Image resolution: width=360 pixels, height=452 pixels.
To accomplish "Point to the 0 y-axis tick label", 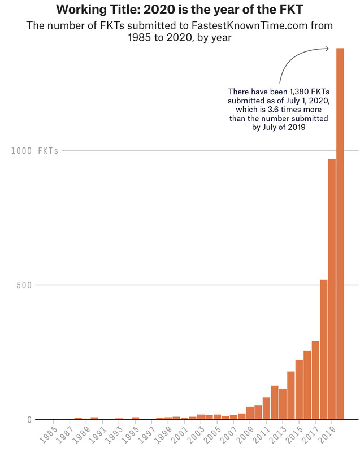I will point(28,419).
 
